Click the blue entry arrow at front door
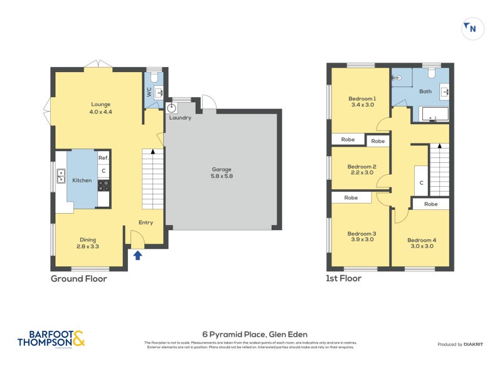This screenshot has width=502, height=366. click(x=137, y=254)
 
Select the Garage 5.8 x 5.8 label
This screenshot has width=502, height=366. click(x=222, y=173)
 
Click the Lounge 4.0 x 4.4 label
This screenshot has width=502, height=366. click(x=100, y=108)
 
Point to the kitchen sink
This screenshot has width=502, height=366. click(x=61, y=180)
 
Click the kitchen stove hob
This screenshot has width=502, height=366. click(x=104, y=185)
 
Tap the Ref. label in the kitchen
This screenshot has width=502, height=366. click(x=104, y=158)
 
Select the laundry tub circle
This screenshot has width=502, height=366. click(x=171, y=108)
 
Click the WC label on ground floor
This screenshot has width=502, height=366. click(x=149, y=92)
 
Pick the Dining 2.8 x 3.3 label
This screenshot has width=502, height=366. click(x=88, y=243)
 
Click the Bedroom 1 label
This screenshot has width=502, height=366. click(x=361, y=102)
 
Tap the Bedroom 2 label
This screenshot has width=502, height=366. click(x=361, y=169)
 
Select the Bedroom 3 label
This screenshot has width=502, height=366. click(x=361, y=238)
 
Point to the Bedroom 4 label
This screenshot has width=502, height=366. click(x=421, y=243)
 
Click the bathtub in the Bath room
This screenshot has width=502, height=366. click(x=434, y=115)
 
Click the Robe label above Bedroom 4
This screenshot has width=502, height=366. click(x=430, y=204)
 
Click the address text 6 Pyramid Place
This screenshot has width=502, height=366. click(x=254, y=334)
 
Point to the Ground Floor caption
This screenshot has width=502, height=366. click(x=78, y=279)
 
